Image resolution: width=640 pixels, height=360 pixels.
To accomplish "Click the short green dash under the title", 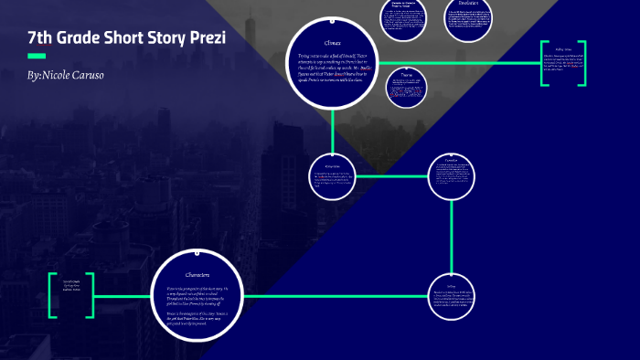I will point(37,56).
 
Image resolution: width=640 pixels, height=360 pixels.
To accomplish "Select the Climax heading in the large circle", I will point(332,43).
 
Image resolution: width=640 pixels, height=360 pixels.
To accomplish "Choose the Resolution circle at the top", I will point(467,18).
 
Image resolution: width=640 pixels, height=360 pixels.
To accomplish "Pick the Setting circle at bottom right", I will point(452,296).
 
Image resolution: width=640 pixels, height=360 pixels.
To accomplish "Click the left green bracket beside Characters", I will point(53,295).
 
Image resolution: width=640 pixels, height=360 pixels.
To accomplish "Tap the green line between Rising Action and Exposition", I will point(391,175).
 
